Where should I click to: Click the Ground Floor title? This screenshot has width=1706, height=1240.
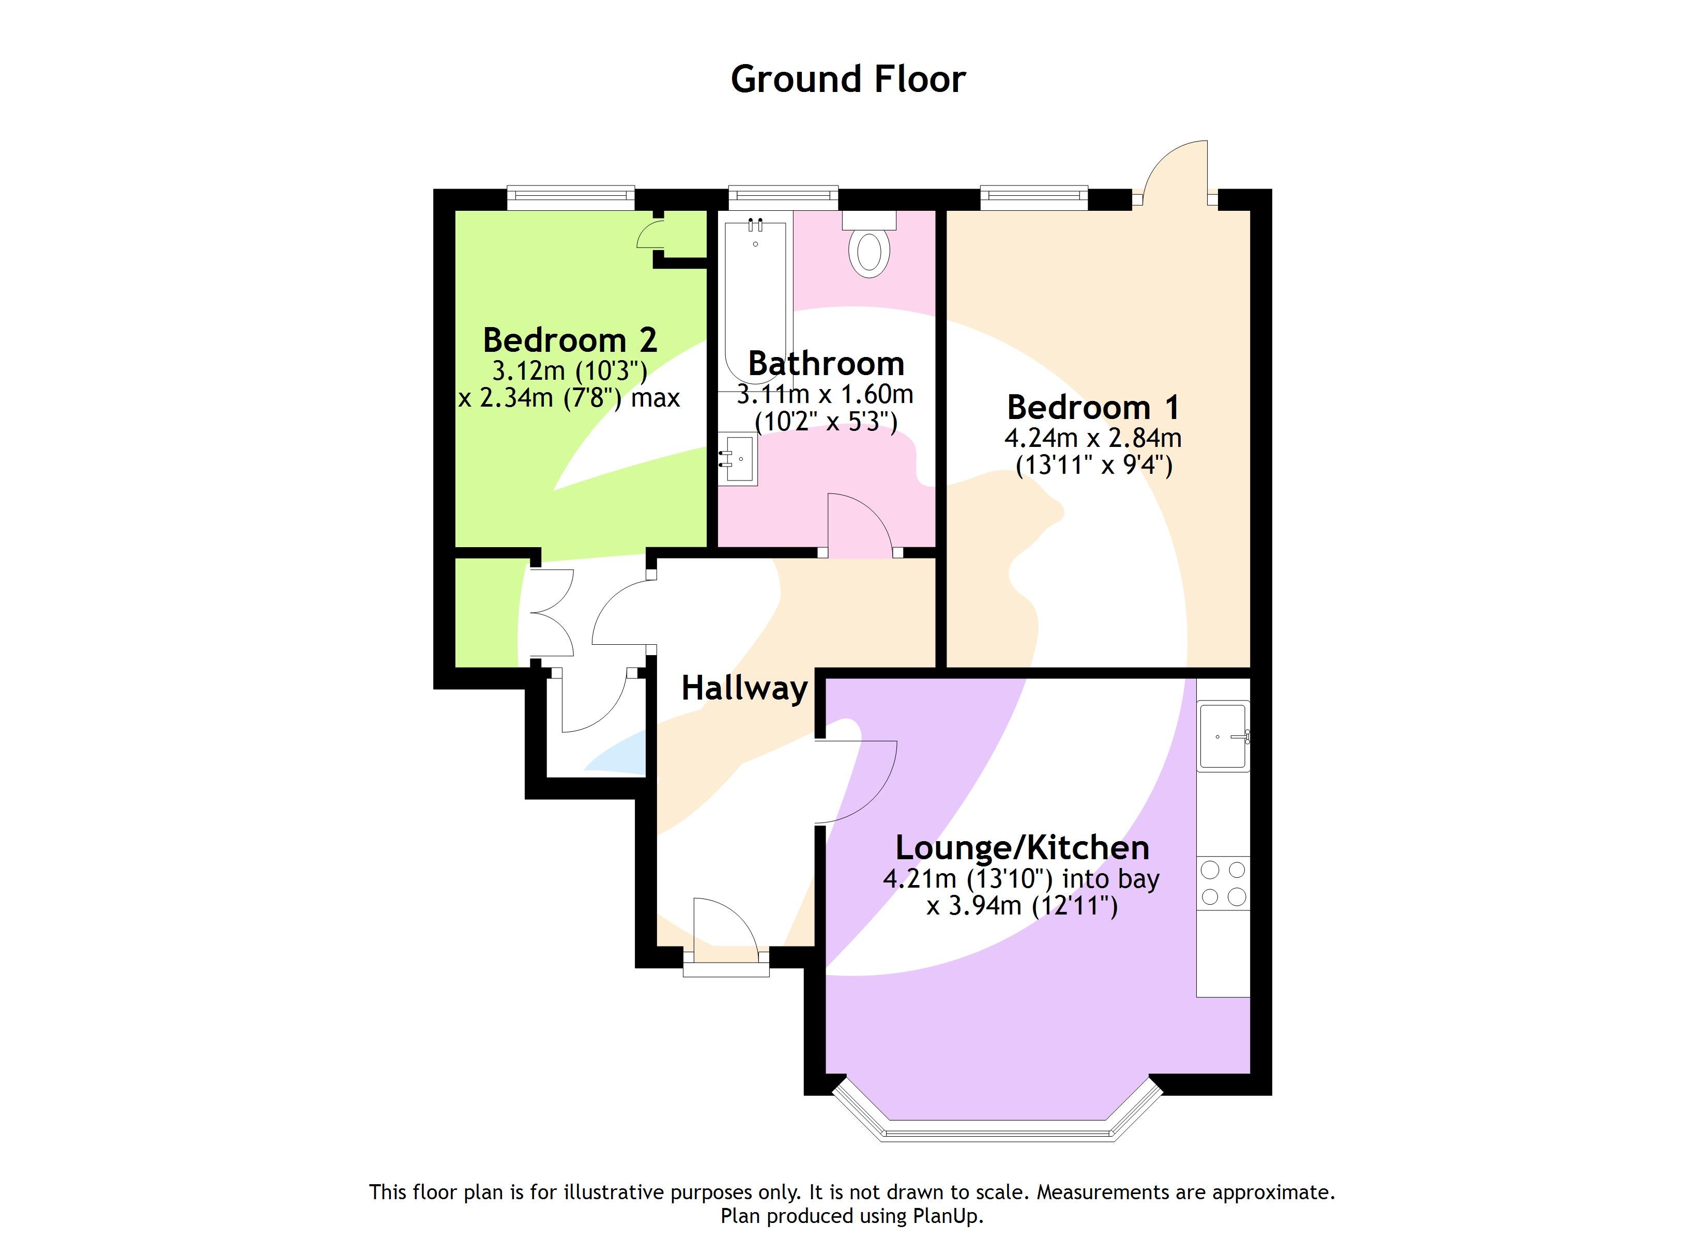[848, 79]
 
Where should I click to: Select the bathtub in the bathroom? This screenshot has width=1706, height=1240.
[755, 301]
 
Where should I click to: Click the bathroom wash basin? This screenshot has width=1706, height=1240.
[738, 459]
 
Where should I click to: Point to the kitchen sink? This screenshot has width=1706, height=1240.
[1223, 736]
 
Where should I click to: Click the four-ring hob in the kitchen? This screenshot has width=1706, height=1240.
[1223, 883]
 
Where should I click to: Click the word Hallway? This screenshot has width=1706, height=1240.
[744, 688]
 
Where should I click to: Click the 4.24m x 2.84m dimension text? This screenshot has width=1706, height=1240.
[1093, 438]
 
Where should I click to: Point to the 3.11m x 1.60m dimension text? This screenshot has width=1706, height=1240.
[825, 394]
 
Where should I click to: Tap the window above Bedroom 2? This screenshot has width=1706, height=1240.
[570, 196]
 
